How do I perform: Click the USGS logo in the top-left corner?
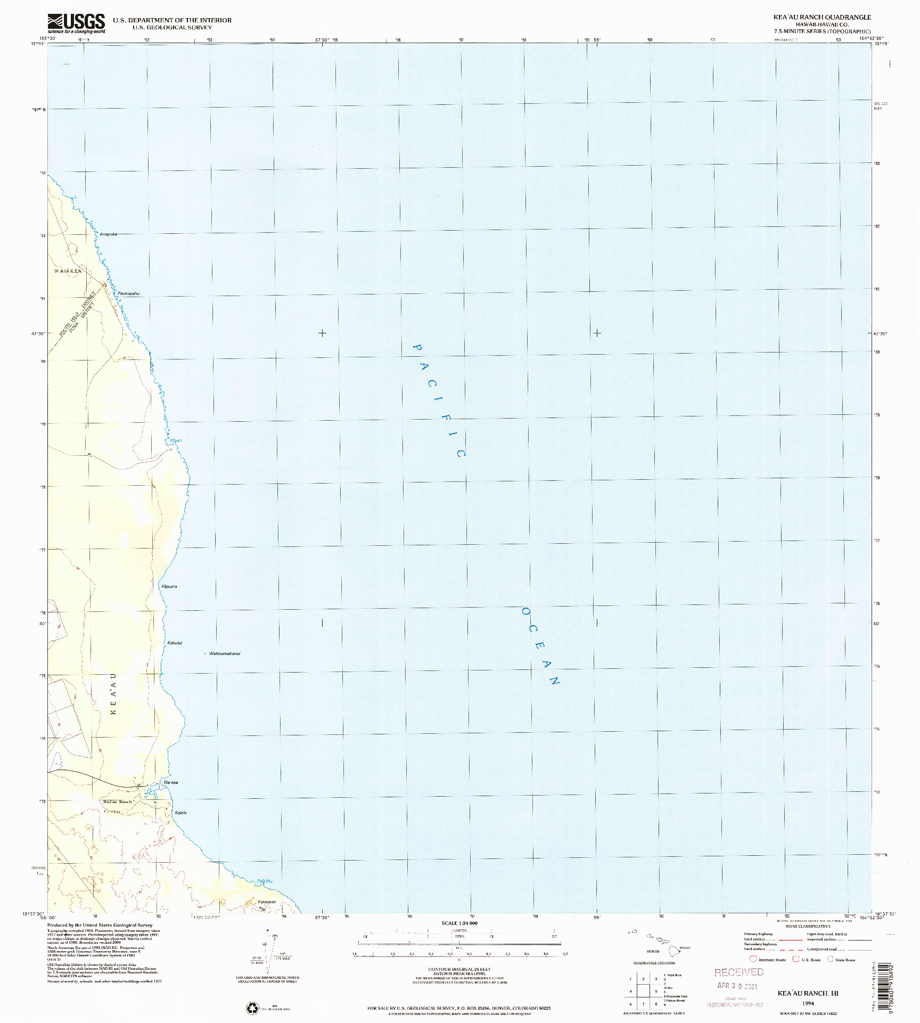76,23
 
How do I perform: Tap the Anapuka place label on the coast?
109,234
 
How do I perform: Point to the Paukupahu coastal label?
129,293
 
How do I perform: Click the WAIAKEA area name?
68,271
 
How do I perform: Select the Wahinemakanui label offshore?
224,653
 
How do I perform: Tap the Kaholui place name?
175,643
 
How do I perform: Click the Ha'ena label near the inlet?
171,782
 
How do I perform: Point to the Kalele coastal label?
180,813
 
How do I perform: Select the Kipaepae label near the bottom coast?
267,902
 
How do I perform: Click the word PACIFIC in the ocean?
440,399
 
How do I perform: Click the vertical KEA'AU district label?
113,694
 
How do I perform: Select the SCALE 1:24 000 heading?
459,923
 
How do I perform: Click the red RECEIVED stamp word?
738,972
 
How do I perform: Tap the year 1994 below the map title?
808,1003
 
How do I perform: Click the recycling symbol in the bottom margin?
252,1008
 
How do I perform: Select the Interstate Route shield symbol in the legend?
753,959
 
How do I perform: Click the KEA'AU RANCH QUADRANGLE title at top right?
822,18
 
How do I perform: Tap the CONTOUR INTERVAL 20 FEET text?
459,969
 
